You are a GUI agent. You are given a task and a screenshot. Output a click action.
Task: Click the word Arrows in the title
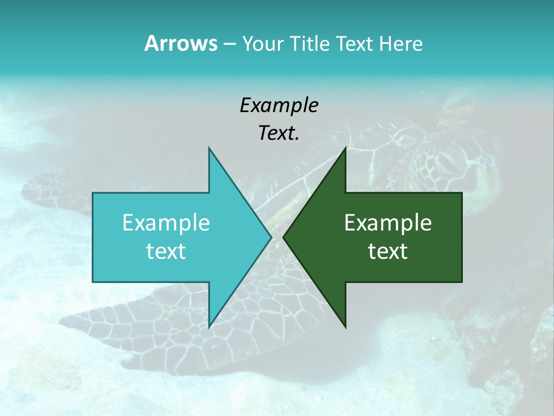click(181, 43)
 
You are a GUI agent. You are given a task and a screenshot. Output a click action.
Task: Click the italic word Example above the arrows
click(279, 105)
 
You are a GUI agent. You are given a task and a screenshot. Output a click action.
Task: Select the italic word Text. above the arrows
click(279, 133)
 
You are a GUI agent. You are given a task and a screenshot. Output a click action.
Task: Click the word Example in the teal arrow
click(166, 222)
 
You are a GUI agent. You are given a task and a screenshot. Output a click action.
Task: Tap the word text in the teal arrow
click(166, 251)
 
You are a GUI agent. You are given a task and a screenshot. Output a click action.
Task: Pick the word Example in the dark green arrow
click(388, 222)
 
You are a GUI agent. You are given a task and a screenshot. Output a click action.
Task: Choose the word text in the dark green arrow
click(388, 251)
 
